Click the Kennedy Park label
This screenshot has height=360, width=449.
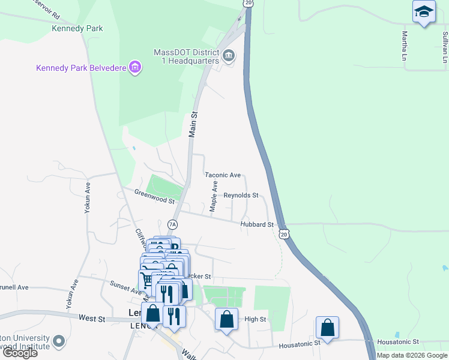[x=77, y=28]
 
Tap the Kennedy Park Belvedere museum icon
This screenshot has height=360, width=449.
[x=135, y=67]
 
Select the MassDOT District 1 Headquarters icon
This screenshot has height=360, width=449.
[x=229, y=56]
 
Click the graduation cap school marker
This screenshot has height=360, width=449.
[x=424, y=11]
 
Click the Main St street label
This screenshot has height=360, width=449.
[x=193, y=124]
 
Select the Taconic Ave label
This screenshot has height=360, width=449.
[x=223, y=175]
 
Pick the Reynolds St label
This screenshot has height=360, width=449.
[x=241, y=196]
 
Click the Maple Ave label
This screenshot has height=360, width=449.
[x=213, y=197]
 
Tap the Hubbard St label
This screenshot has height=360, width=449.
[x=257, y=224]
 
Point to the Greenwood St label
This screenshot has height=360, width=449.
[x=154, y=196]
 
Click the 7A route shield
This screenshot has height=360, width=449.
[x=173, y=224]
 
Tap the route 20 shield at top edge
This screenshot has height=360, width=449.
[x=248, y=3]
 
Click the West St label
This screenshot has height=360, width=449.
[x=92, y=318]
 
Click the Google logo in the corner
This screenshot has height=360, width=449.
[x=20, y=353]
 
